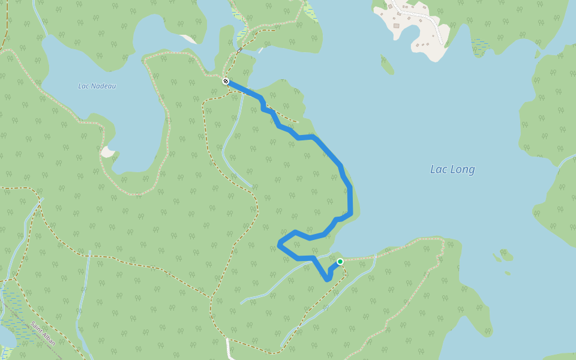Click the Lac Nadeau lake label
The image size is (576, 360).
(97, 86)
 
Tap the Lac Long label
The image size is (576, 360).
(452, 169)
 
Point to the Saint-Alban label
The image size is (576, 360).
(43, 333)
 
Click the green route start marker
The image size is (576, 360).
(340, 261)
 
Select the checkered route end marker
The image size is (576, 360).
(226, 81)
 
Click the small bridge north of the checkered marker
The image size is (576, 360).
(239, 50)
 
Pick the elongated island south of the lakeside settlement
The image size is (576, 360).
(388, 64)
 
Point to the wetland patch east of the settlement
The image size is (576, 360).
(481, 46)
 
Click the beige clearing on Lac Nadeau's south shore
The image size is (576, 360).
(107, 152)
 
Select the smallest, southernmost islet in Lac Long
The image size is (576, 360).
(508, 273)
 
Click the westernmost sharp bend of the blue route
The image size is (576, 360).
(280, 243)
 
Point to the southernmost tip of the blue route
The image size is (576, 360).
(327, 279)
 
